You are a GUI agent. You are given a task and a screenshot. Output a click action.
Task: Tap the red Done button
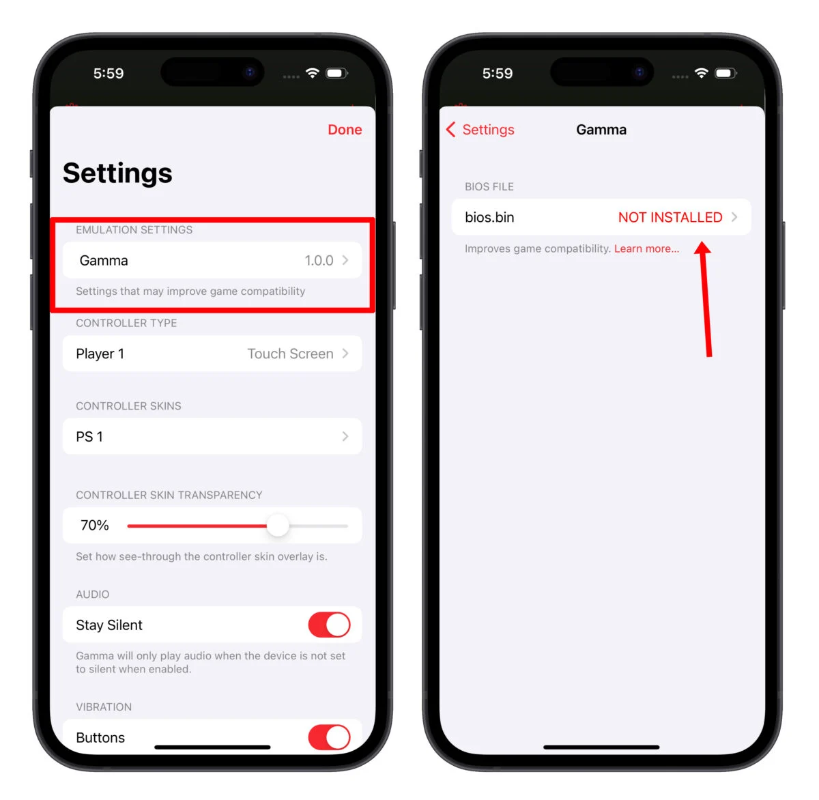click(345, 130)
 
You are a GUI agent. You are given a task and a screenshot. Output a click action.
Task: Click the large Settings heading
click(117, 173)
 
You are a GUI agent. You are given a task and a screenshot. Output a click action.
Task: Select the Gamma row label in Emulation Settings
click(104, 261)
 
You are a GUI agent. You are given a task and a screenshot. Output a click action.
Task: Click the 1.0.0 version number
click(319, 261)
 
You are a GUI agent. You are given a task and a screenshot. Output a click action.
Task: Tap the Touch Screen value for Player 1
click(290, 354)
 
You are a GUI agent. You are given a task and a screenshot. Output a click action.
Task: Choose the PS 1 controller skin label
click(89, 437)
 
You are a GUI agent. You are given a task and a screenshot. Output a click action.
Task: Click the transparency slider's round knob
click(278, 526)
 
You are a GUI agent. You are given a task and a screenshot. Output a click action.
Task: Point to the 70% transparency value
click(95, 525)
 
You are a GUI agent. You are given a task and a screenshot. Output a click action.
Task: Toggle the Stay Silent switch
click(329, 625)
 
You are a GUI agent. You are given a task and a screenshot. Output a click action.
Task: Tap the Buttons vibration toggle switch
click(329, 737)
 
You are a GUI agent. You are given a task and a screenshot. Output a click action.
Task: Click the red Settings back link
click(487, 130)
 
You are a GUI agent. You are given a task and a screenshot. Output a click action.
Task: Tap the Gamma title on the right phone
click(601, 130)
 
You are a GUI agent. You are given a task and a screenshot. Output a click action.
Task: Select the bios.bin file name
click(489, 217)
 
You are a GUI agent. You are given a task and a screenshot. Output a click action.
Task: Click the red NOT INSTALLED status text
click(670, 217)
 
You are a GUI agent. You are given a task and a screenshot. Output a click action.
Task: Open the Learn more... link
click(646, 248)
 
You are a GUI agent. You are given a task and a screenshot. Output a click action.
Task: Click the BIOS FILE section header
click(489, 186)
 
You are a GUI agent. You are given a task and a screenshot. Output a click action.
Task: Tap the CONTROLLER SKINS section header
click(128, 406)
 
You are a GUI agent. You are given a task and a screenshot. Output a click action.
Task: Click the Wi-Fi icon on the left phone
click(313, 73)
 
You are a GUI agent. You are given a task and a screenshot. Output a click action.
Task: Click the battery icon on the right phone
click(725, 73)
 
